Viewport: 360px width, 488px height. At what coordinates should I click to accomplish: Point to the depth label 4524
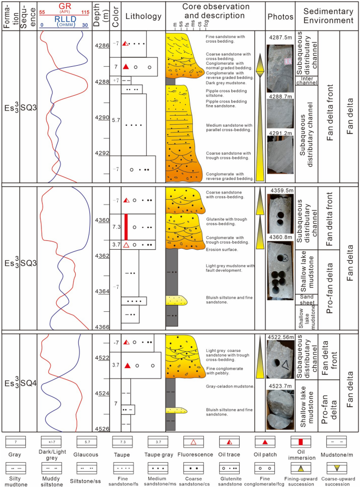click(101, 393)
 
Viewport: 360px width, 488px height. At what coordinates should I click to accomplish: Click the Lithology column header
click(143, 16)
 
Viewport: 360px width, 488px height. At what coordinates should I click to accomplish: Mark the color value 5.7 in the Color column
click(117, 120)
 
